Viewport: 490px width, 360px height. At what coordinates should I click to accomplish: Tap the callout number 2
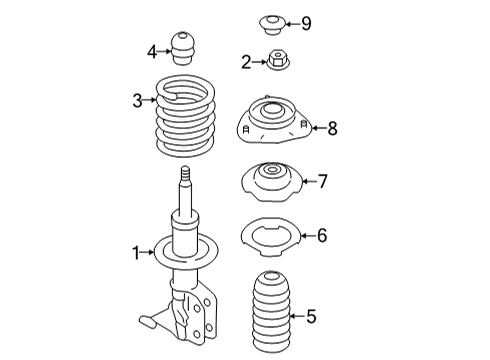click(246, 62)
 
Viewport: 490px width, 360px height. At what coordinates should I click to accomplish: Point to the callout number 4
click(152, 51)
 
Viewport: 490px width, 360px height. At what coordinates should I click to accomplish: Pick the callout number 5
click(311, 317)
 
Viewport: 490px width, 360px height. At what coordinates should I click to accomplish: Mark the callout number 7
click(322, 181)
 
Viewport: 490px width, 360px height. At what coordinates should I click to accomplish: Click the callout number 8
click(333, 127)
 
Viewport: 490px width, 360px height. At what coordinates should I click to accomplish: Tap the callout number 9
click(306, 23)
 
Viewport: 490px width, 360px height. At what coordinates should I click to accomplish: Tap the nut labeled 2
click(275, 63)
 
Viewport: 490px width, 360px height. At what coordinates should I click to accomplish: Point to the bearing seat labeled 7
click(271, 183)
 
